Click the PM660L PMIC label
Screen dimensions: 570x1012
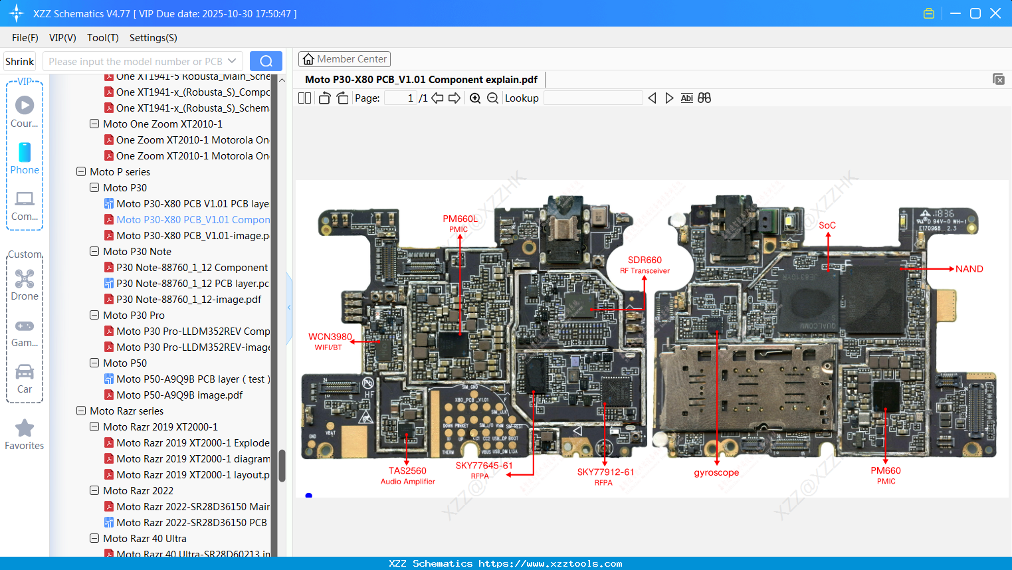[460, 223]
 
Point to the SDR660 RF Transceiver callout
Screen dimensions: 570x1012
[645, 264]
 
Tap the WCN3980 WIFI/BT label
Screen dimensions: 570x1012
[330, 341]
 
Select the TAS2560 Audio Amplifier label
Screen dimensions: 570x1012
[407, 476]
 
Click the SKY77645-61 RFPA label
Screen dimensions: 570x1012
[484, 470]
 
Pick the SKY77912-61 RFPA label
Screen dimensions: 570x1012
[605, 476]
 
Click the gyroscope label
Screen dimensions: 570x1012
[716, 473]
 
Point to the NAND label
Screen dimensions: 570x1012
[969, 269]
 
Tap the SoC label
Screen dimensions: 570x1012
[827, 225]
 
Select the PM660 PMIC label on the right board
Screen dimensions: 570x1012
[886, 475]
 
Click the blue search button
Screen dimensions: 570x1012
[266, 61]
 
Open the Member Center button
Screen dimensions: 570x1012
[344, 59]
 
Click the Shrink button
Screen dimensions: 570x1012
[20, 61]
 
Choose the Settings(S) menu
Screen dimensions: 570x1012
[153, 38]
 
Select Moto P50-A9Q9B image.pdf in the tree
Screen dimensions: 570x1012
[179, 395]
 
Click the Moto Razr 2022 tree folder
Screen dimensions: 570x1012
[138, 491]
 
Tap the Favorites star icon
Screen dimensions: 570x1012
[25, 428]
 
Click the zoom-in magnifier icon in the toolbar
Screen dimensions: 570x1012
[475, 98]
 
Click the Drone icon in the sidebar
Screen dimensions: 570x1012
[25, 280]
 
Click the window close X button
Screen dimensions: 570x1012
[995, 13]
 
